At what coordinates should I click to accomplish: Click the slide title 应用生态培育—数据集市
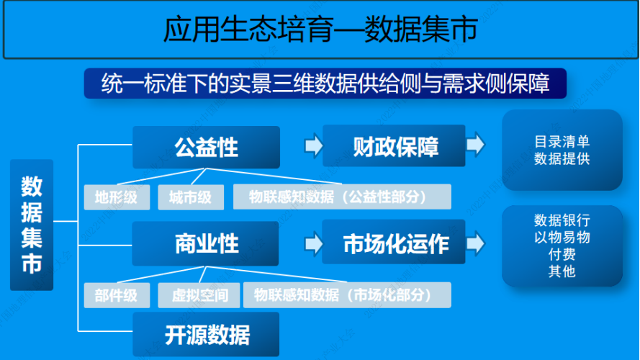tap(320, 30)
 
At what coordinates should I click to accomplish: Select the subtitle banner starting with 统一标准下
tap(325, 83)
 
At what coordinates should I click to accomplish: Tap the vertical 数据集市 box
tap(32, 225)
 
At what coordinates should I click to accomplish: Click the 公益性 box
tap(206, 148)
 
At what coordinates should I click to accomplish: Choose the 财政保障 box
tap(395, 147)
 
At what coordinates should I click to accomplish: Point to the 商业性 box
tap(206, 243)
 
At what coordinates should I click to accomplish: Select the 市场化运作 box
tap(395, 243)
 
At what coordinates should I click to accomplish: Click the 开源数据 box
tap(206, 335)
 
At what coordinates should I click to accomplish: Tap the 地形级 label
tap(116, 197)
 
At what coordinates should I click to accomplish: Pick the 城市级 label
tap(191, 197)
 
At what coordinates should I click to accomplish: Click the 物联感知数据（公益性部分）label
tap(342, 197)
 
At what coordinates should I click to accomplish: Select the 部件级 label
tap(116, 294)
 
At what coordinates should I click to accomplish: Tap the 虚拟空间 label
tap(196, 294)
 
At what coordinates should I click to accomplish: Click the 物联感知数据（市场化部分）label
tap(347, 294)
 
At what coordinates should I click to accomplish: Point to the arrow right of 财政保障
tap(476, 145)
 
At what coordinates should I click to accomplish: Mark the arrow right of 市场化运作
tap(476, 243)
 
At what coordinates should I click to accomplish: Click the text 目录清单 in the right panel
tap(562, 142)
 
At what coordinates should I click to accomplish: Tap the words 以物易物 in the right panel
tap(562, 237)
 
